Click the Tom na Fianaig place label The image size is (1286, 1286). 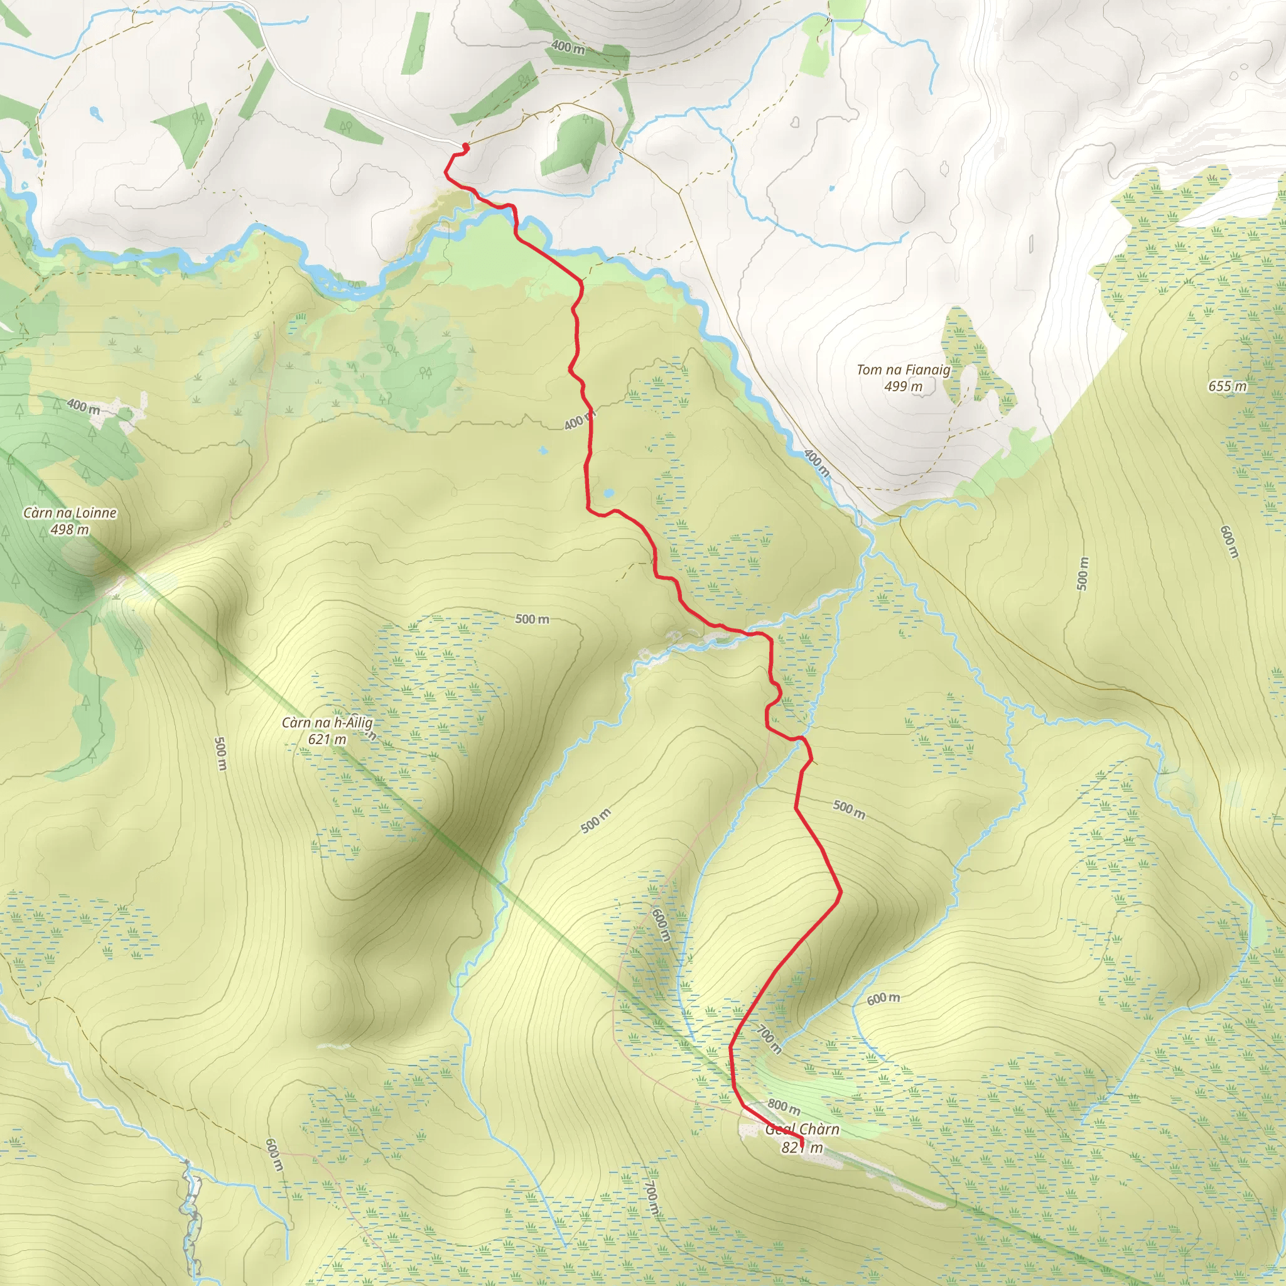click(x=903, y=369)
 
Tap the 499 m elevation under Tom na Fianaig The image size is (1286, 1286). click(x=903, y=386)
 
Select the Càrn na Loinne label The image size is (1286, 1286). click(x=70, y=512)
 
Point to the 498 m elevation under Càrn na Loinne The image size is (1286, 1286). click(x=69, y=530)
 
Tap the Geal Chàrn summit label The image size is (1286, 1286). click(x=802, y=1129)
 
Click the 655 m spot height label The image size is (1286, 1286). click(x=1228, y=386)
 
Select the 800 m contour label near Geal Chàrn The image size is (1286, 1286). click(x=784, y=1106)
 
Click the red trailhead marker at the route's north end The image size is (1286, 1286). click(x=465, y=146)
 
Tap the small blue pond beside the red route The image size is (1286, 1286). click(x=608, y=493)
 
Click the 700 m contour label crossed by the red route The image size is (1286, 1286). click(x=769, y=1039)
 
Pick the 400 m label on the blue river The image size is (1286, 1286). click(x=816, y=462)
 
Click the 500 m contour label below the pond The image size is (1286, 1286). click(x=532, y=619)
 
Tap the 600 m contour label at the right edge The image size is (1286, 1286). click(x=1229, y=542)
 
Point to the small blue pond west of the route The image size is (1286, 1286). click(x=543, y=451)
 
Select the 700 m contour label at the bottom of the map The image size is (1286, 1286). click(x=652, y=1198)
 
